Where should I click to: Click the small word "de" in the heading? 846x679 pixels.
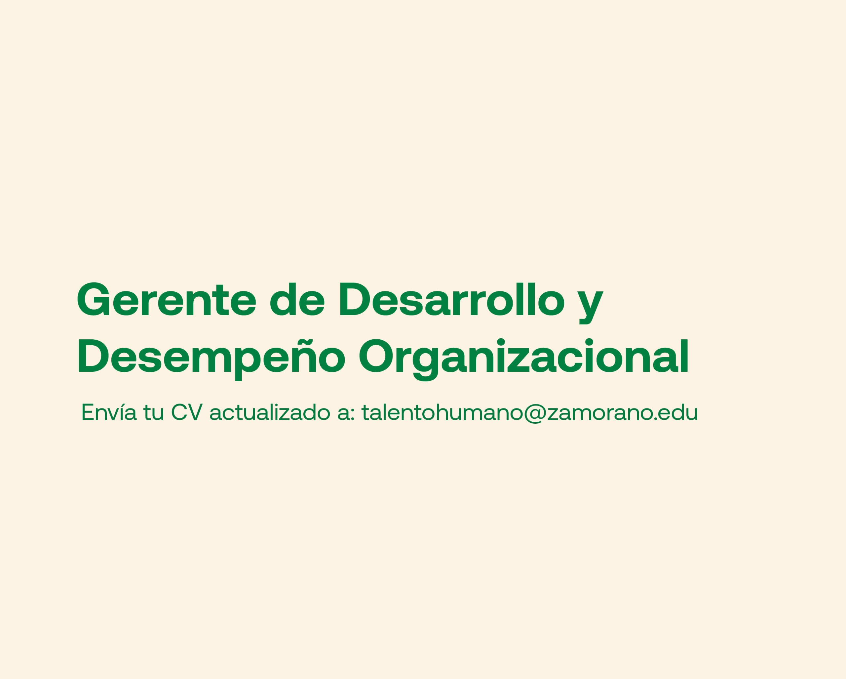pyautogui.click(x=297, y=299)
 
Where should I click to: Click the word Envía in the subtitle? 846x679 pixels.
pyautogui.click(x=109, y=412)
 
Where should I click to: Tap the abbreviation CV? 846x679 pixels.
pyautogui.click(x=187, y=412)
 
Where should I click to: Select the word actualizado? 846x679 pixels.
pyautogui.click(x=270, y=412)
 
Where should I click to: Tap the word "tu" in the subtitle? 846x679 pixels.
pyautogui.click(x=153, y=413)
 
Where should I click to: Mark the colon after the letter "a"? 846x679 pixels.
pyautogui.click(x=352, y=414)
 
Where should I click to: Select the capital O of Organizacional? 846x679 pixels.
pyautogui.click(x=376, y=356)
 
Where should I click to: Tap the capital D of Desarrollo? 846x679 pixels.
pyautogui.click(x=355, y=299)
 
